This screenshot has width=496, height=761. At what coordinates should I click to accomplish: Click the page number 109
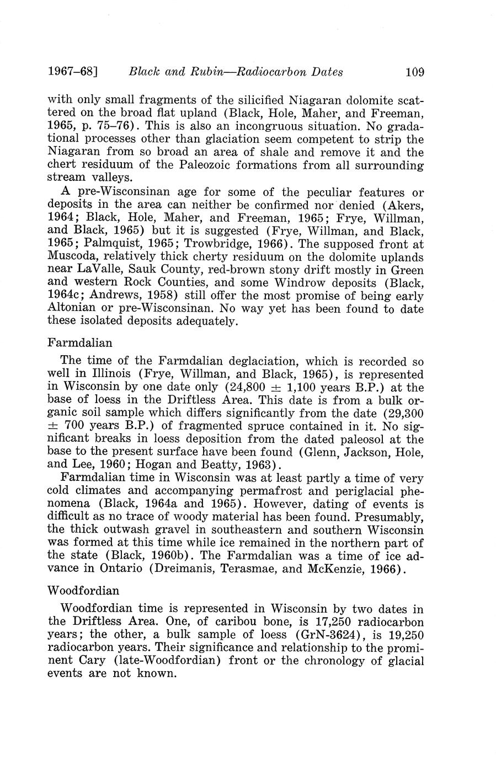coord(414,72)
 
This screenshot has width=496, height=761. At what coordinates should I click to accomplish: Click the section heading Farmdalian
coord(79,343)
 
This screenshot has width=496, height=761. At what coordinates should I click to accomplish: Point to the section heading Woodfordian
coord(83,591)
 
